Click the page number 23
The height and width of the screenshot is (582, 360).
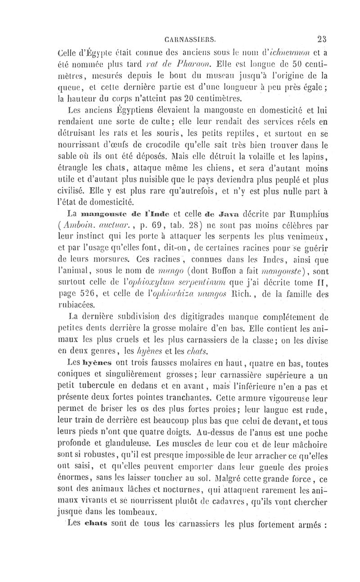[323, 38]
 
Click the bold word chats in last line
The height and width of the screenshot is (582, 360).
[91, 524]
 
